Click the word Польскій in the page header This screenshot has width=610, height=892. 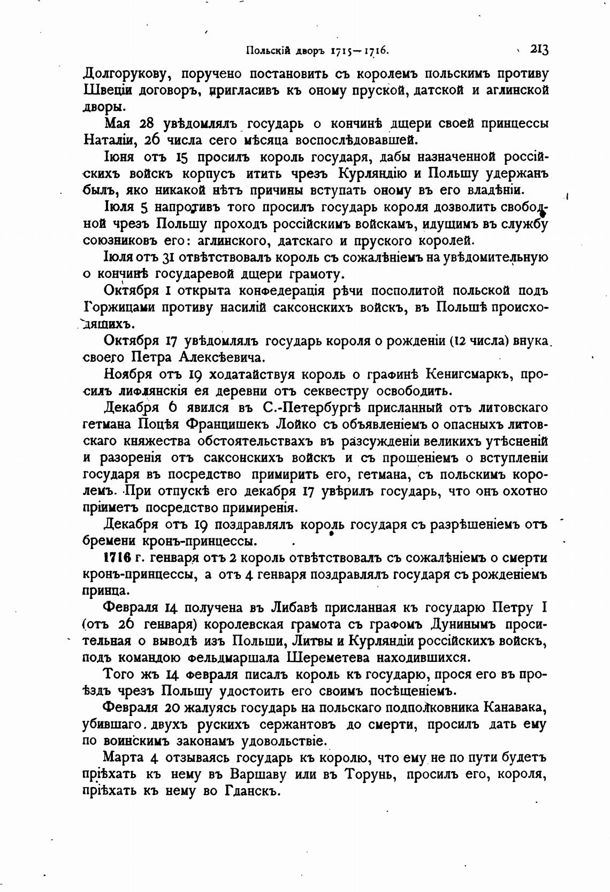[267, 51]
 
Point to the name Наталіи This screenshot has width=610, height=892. [104, 140]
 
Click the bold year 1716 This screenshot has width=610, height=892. [117, 558]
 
